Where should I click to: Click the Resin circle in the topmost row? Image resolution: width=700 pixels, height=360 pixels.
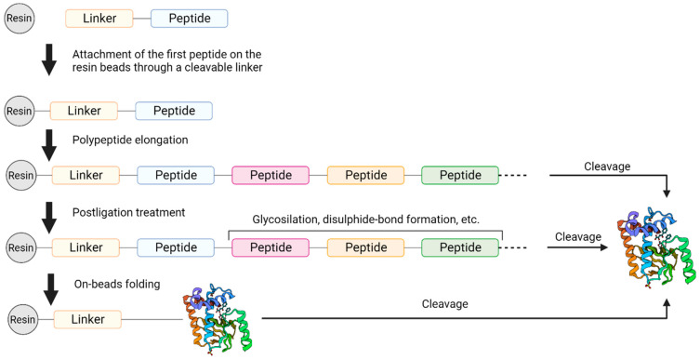click(x=20, y=19)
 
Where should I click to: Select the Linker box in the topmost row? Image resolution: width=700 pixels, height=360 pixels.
click(x=99, y=19)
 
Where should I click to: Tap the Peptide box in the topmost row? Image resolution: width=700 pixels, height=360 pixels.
click(x=188, y=19)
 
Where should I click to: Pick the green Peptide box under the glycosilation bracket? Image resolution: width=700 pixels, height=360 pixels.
click(x=459, y=247)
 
